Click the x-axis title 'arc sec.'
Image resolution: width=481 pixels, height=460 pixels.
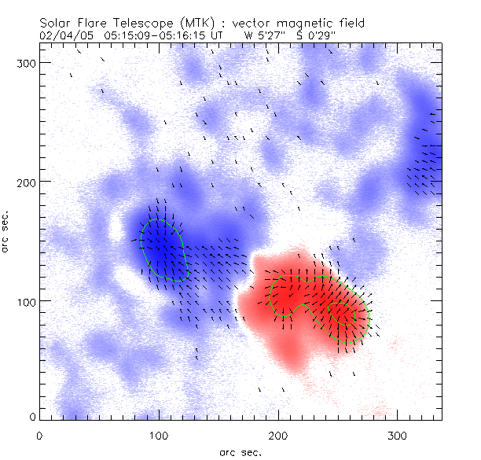(240, 451)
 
